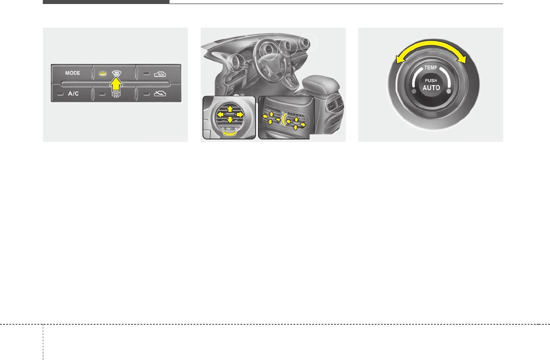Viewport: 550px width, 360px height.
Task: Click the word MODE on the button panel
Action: point(73,73)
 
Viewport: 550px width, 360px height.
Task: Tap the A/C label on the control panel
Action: point(73,94)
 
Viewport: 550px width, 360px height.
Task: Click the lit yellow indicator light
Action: point(103,73)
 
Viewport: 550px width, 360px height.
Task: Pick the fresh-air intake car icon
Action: point(160,73)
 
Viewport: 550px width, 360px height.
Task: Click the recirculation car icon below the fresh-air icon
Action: point(160,94)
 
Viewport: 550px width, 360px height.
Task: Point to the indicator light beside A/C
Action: point(60,94)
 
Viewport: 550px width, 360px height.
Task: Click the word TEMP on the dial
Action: point(430,68)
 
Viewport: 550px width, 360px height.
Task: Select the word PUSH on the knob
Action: point(431,81)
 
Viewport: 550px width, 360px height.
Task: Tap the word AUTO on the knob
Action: point(431,88)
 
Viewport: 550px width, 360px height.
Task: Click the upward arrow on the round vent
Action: point(230,108)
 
